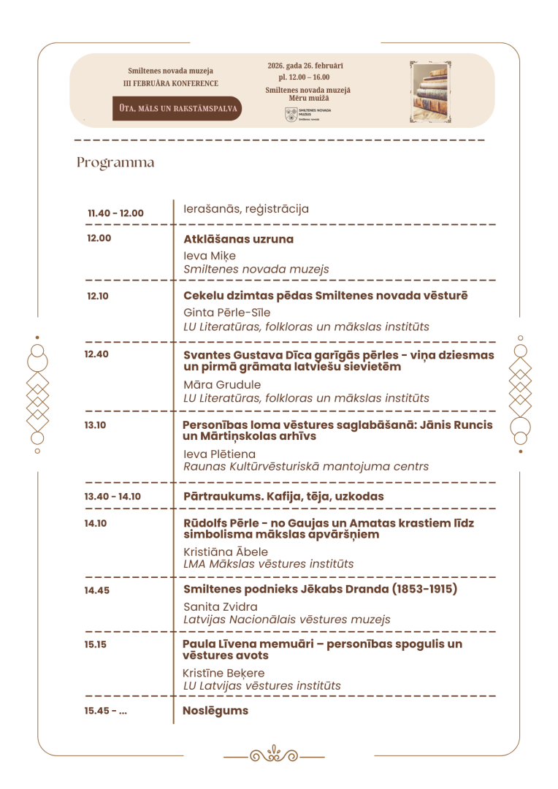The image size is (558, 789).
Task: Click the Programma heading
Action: pyautogui.click(x=115, y=162)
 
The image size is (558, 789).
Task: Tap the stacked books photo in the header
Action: pyautogui.click(x=432, y=91)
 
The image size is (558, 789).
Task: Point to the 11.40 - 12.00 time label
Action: pyautogui.click(x=115, y=213)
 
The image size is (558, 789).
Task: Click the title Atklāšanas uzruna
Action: pyautogui.click(x=238, y=239)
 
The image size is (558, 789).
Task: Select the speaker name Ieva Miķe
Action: pyautogui.click(x=210, y=256)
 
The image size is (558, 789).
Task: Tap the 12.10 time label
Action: pyautogui.click(x=98, y=296)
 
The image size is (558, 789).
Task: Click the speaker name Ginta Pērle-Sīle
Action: pyautogui.click(x=227, y=313)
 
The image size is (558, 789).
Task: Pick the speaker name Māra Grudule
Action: pyautogui.click(x=222, y=384)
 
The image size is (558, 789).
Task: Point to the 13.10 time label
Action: pyautogui.click(x=96, y=424)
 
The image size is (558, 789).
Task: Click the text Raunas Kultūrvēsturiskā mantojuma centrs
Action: pyautogui.click(x=306, y=466)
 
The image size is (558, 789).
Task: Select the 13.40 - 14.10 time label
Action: pyautogui.click(x=112, y=497)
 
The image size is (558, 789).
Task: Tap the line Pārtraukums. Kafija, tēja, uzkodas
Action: pyautogui.click(x=283, y=497)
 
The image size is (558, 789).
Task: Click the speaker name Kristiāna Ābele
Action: pyautogui.click(x=226, y=552)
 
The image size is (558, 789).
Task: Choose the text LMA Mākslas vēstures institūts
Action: pyautogui.click(x=268, y=564)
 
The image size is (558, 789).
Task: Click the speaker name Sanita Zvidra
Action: pyautogui.click(x=220, y=606)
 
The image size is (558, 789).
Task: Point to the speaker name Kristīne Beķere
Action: pyautogui.click(x=223, y=673)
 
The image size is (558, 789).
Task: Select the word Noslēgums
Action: pyautogui.click(x=215, y=710)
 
